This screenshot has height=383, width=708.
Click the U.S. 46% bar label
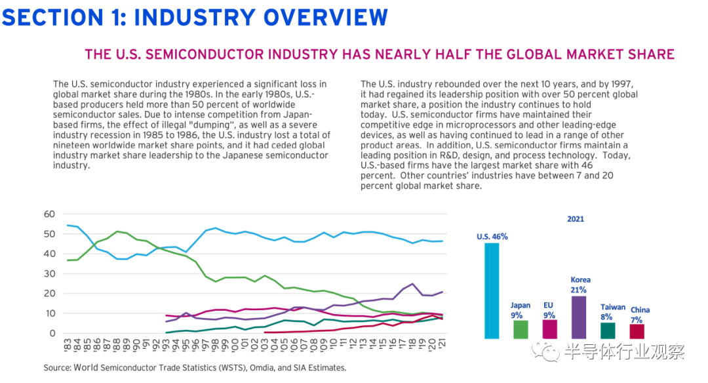point(492,237)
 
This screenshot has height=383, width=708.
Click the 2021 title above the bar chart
point(575,219)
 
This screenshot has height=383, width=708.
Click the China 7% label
point(640,314)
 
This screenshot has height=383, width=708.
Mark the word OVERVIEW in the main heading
point(321,18)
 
